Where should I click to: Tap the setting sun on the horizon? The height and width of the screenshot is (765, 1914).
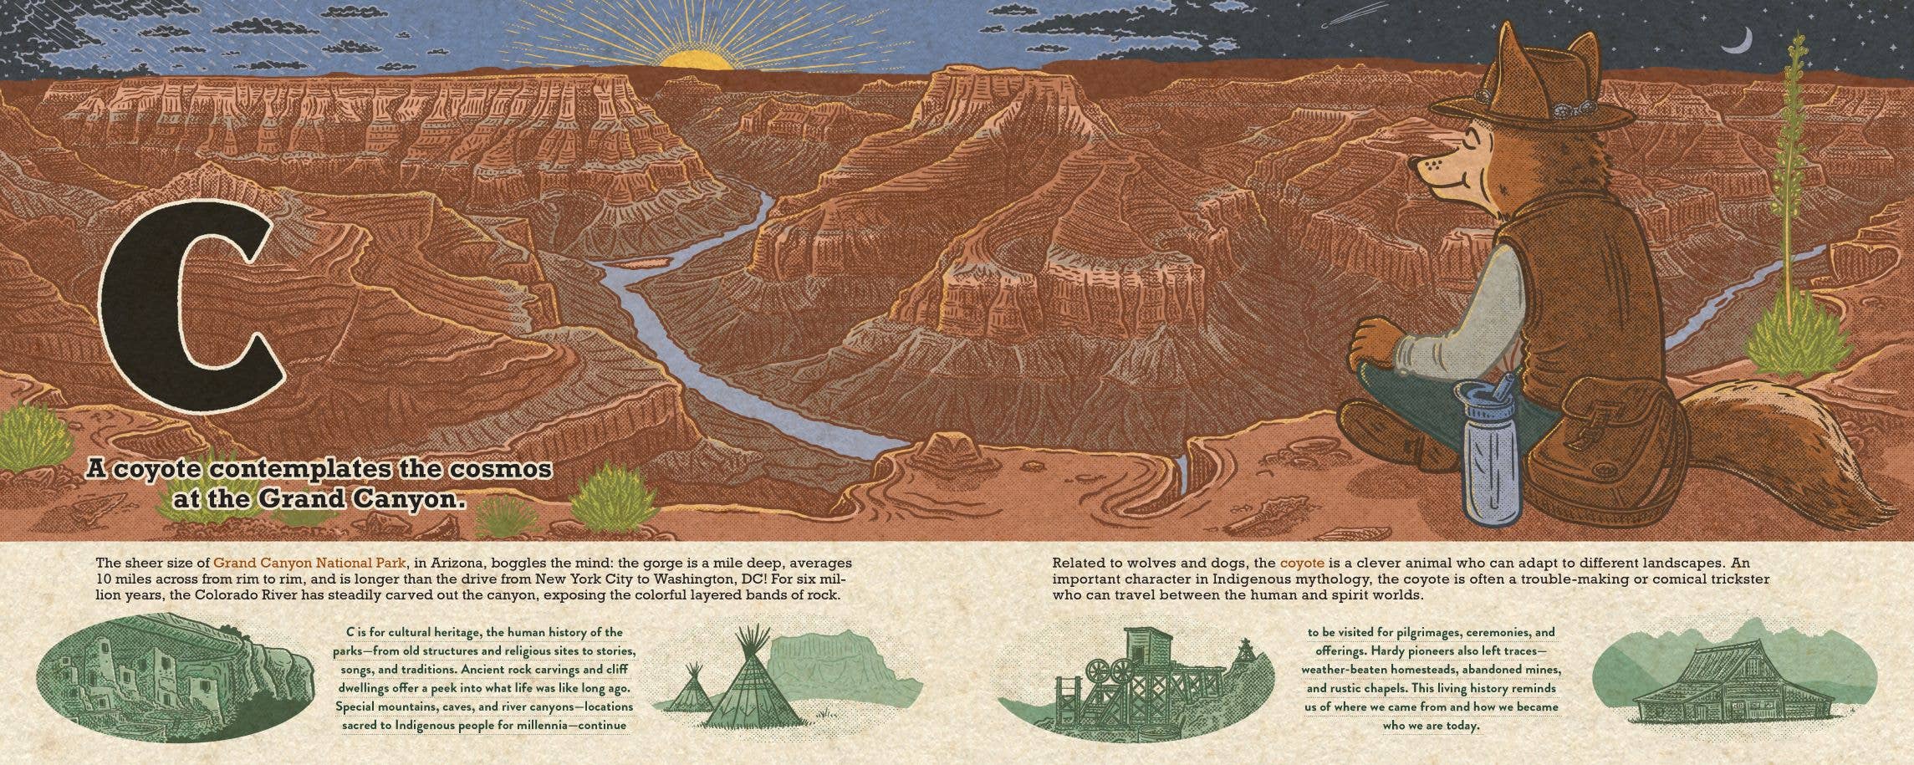[x=693, y=59]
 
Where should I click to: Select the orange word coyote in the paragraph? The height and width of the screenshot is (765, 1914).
[x=1302, y=563]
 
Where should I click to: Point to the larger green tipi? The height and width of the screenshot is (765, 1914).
[x=749, y=686]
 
